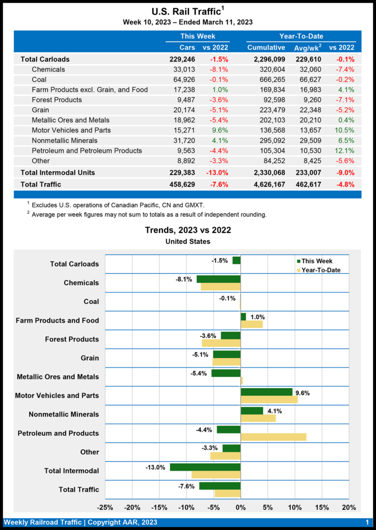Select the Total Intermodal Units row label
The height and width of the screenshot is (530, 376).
tap(57, 172)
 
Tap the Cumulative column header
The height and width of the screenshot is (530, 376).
tap(266, 48)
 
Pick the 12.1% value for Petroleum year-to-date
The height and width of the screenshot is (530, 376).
tap(345, 151)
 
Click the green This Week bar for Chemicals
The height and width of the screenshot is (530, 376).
tap(218, 279)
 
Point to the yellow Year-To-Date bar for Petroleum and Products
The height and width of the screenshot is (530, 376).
tap(273, 437)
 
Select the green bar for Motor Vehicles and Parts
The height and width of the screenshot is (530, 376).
tap(266, 392)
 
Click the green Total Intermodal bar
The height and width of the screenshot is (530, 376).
tap(205, 467)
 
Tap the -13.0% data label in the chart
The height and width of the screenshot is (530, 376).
tap(155, 467)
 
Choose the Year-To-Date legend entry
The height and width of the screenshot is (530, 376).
tap(321, 270)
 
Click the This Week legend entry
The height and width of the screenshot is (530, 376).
tap(316, 261)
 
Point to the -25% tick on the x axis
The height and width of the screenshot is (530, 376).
tap(105, 507)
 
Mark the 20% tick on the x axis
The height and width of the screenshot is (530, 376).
tap(349, 507)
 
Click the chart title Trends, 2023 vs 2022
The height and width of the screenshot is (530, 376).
tap(188, 230)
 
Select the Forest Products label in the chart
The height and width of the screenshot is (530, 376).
tap(72, 340)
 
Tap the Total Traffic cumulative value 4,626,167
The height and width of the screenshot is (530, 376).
tap(266, 184)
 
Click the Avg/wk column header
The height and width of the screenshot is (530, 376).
tap(306, 48)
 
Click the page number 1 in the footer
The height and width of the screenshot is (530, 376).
tap(367, 522)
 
